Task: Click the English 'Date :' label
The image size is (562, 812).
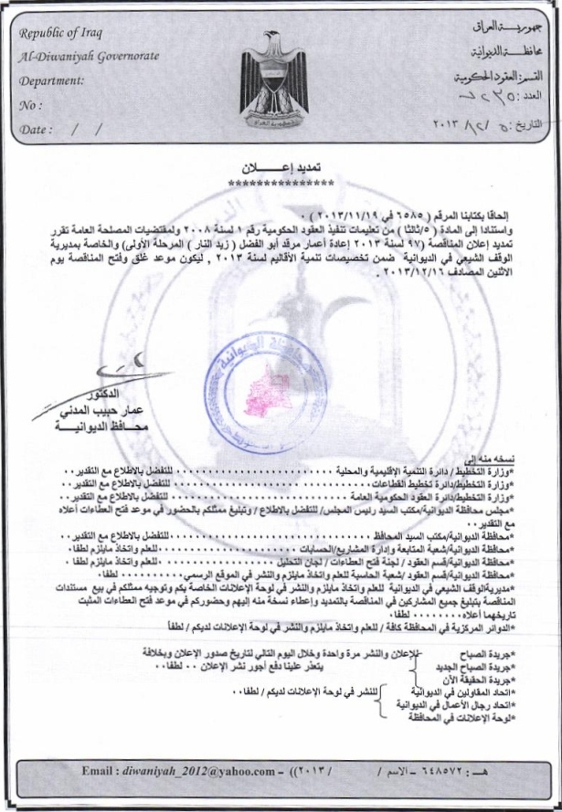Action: (36, 129)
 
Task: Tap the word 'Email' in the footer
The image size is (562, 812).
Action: (98, 771)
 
